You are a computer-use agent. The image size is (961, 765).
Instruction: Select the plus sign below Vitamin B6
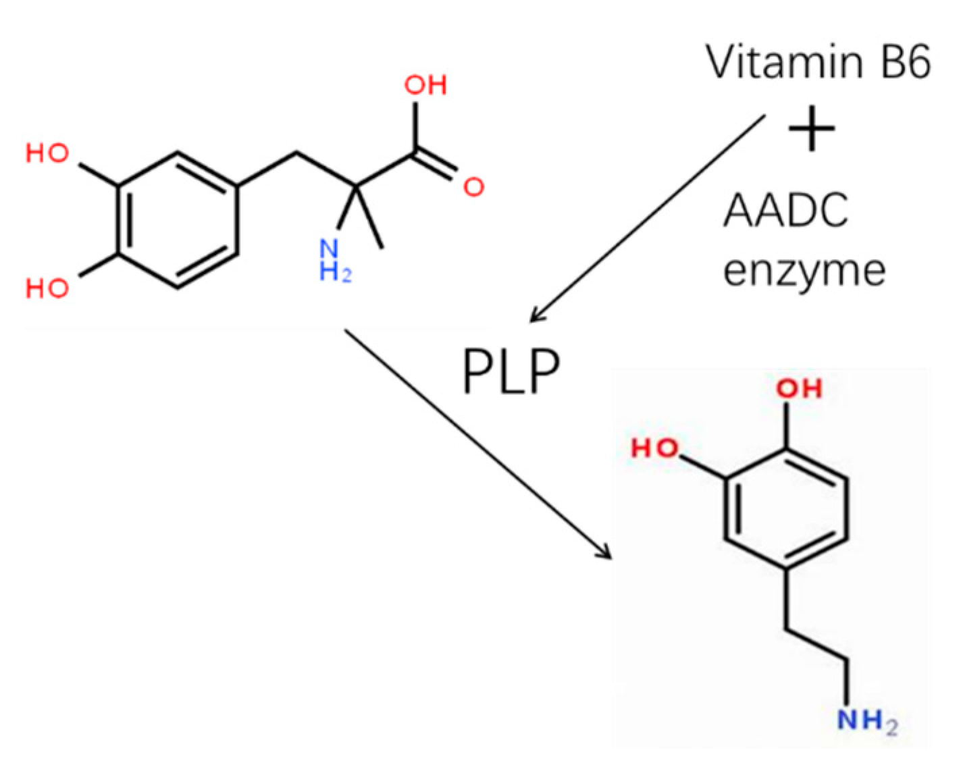point(811,128)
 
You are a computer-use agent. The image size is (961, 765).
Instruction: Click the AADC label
point(785,211)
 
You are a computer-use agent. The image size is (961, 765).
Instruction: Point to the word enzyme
point(804,272)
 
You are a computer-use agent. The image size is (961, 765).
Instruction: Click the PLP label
point(511,371)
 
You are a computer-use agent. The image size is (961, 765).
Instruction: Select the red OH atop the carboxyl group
point(425,85)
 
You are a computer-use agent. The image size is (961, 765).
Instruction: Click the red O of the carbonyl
point(474,187)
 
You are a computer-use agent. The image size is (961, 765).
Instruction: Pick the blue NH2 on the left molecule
point(336,261)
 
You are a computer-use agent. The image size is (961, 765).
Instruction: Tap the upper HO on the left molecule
point(47,154)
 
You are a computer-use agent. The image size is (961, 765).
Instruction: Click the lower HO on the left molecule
point(47,288)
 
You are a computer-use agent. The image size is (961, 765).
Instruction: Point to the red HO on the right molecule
point(655,448)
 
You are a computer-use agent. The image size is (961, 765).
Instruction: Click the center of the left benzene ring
point(178,220)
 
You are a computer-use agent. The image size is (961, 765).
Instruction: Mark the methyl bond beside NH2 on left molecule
point(369,215)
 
